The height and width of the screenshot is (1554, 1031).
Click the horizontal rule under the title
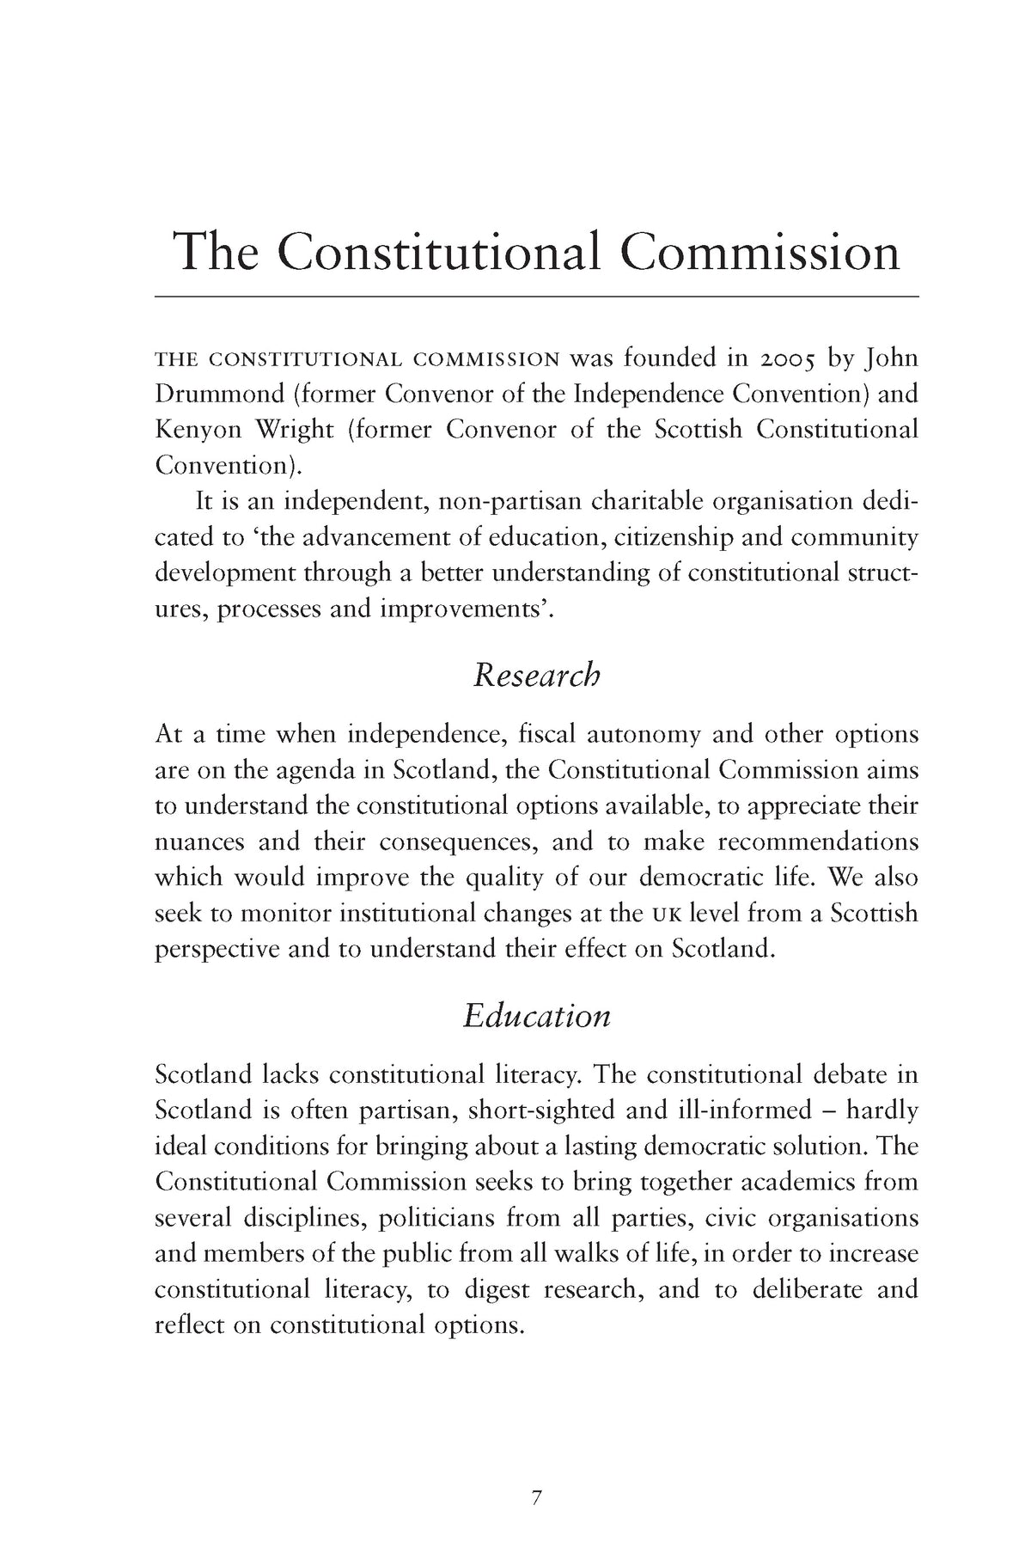pyautogui.click(x=536, y=296)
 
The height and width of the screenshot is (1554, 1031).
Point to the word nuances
pyautogui.click(x=199, y=841)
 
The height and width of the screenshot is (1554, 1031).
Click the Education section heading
pyautogui.click(x=536, y=1015)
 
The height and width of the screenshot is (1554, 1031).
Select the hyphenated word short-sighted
pyautogui.click(x=541, y=1110)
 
